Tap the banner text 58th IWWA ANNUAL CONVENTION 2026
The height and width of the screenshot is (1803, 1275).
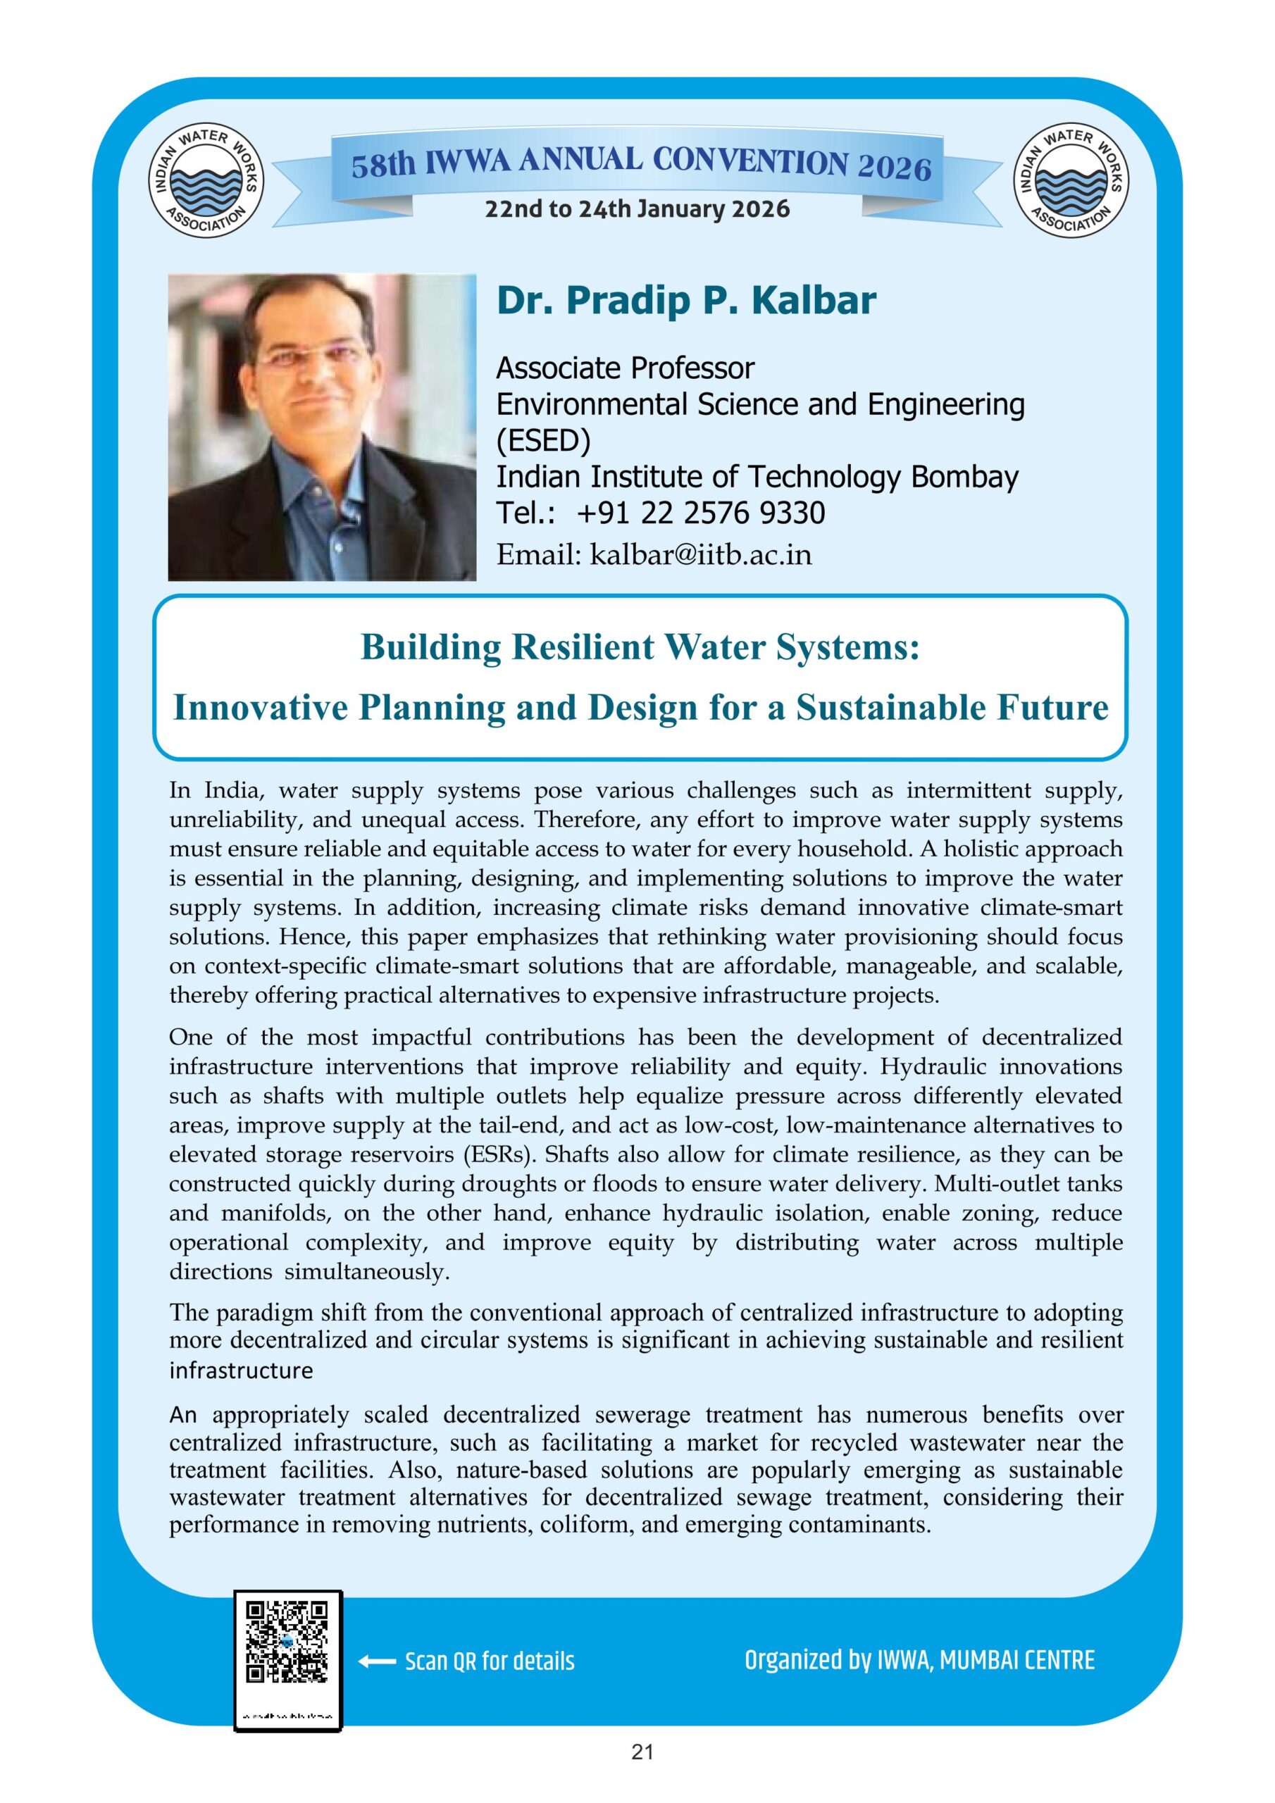[x=640, y=165]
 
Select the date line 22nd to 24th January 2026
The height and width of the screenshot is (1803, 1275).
[x=637, y=209]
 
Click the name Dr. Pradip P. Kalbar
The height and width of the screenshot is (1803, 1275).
[x=686, y=301]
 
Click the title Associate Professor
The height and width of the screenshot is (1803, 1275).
[x=626, y=368]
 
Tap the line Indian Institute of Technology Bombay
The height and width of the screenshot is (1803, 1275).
[x=757, y=477]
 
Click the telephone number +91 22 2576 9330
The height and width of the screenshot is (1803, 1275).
[x=701, y=513]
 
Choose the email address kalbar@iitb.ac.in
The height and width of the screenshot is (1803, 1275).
[x=701, y=555]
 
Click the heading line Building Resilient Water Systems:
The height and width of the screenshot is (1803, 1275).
[x=640, y=647]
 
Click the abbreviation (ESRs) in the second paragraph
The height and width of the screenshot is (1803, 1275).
[x=500, y=1154]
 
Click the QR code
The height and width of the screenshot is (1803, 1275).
[x=287, y=1641]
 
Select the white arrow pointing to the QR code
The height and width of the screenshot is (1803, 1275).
[x=376, y=1661]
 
